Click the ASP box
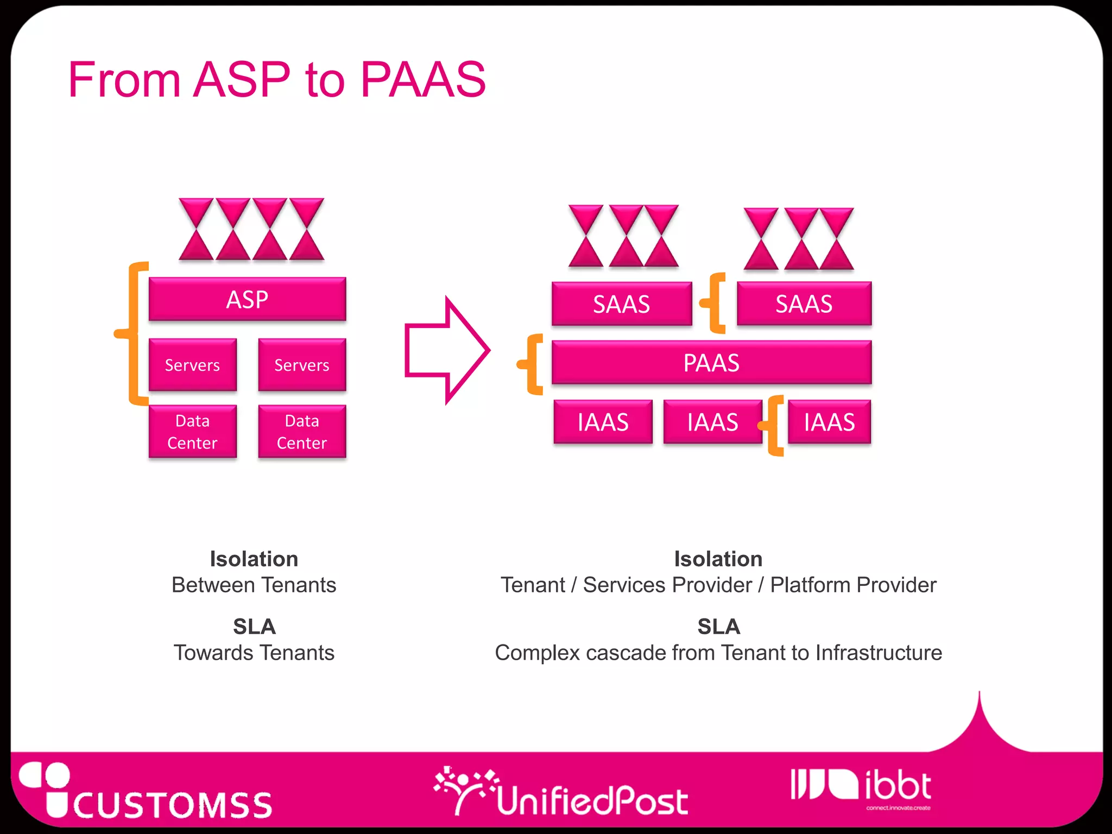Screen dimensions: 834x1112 247,299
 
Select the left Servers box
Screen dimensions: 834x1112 192,365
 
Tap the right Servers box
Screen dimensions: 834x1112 302,365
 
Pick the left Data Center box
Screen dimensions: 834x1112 192,432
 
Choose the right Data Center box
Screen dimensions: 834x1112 302,432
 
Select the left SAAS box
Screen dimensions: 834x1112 621,304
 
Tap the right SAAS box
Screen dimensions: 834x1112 804,304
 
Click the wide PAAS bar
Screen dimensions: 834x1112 711,363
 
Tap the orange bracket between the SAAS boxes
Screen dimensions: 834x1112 715,303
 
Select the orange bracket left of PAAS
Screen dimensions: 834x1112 532,364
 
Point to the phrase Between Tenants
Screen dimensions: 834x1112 254,585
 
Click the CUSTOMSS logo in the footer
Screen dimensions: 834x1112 147,793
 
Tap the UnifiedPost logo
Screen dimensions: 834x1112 562,793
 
